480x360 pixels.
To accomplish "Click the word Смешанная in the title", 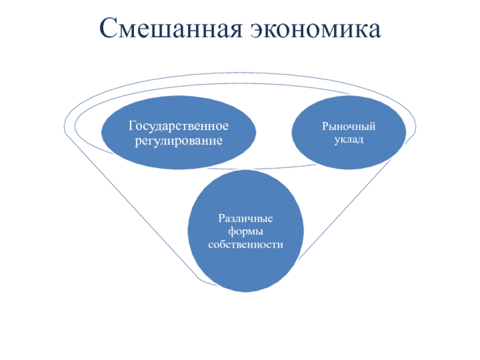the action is pos(167,28).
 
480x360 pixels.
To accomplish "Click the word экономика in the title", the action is pos(312,28).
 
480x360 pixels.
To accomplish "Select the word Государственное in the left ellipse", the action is pos(179,127).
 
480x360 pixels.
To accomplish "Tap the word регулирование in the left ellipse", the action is pos(179,141).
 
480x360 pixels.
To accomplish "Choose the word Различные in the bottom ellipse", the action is pos(245,218).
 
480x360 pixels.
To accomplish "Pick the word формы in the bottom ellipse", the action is pos(245,231).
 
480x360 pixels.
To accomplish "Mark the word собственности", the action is pos(245,245).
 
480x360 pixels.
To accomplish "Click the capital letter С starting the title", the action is pos(108,28).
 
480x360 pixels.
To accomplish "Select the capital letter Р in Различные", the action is pos(221,218).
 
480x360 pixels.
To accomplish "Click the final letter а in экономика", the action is pos(374,29).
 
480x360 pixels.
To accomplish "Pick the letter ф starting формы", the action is pos(231,232).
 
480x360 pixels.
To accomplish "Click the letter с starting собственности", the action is pos(210,245).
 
